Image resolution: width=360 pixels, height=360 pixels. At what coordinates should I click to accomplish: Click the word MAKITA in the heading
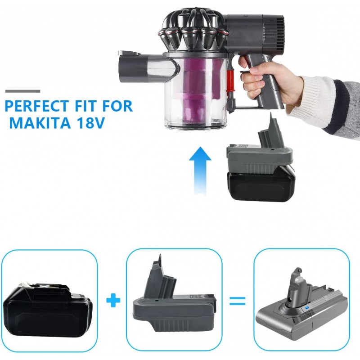tap(40, 123)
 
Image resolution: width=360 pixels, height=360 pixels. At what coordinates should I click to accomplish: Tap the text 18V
tap(91, 123)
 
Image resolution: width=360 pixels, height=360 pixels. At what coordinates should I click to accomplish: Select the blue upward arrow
tap(200, 171)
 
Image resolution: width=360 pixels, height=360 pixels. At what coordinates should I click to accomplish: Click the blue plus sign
tap(113, 300)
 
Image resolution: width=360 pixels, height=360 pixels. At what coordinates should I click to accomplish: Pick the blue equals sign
tap(238, 301)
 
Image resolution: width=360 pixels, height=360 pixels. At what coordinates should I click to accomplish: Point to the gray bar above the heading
tap(23, 91)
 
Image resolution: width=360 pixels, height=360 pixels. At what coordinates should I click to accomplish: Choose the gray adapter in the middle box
tap(175, 298)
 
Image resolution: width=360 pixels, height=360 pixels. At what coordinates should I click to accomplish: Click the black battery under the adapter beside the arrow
tap(261, 186)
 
